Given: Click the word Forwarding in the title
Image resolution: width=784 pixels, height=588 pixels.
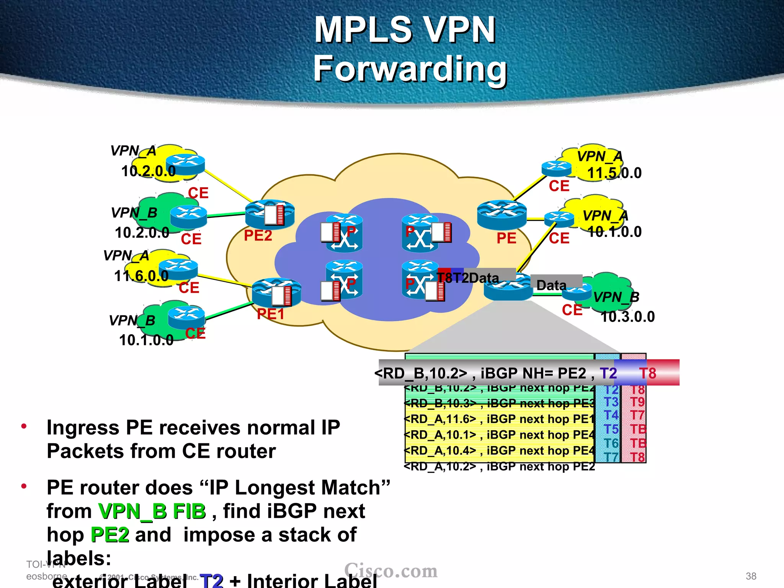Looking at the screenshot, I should [410, 69].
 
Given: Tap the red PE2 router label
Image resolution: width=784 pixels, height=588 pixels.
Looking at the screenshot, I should [258, 235].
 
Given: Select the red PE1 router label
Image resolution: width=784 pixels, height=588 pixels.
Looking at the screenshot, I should [271, 314].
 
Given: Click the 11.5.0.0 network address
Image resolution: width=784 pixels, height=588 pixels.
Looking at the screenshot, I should [614, 173].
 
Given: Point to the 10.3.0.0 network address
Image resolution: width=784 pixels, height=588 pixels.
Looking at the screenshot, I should [627, 317].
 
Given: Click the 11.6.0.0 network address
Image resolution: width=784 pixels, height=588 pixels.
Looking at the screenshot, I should [141, 276].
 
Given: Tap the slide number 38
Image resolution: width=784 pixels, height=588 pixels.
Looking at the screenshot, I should [751, 576].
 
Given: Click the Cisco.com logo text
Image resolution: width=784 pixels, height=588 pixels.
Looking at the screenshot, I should [390, 571].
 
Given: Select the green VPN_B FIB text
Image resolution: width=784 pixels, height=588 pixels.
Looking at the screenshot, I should [152, 511].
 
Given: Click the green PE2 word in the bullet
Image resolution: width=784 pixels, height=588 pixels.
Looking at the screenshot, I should [110, 535].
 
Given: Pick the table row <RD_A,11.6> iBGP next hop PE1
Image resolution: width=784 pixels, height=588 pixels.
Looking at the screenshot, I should [499, 419].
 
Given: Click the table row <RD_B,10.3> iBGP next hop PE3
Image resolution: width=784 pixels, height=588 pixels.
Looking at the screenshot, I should [499, 403].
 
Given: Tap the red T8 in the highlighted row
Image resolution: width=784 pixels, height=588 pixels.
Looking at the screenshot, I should [648, 373].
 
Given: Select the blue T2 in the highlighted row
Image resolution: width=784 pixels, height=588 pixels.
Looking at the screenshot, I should [608, 373].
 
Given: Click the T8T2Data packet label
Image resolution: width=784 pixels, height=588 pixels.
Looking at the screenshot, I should [468, 278].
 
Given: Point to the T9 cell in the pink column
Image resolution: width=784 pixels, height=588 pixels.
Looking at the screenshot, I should [637, 402].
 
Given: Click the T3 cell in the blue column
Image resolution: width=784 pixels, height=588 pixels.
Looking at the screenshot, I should [611, 402].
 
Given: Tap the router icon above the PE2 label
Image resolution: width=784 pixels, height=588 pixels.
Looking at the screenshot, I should [269, 214].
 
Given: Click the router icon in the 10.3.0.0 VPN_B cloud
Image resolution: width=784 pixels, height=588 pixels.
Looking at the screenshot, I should [577, 293].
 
